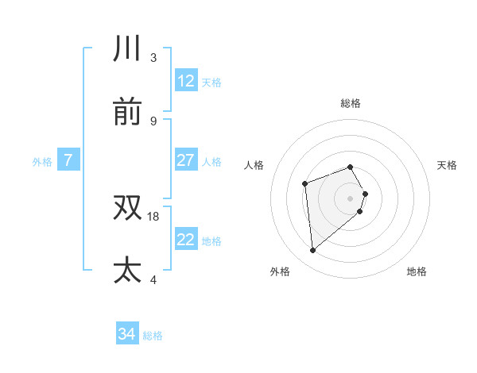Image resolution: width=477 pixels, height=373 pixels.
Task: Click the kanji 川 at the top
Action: pyautogui.click(x=128, y=49)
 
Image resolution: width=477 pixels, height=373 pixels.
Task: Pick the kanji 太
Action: pyautogui.click(x=128, y=270)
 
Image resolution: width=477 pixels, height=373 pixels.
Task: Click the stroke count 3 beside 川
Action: pyautogui.click(x=153, y=58)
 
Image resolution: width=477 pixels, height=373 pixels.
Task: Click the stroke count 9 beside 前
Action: pyautogui.click(x=153, y=121)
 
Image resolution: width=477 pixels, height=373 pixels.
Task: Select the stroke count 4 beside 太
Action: pyautogui.click(x=153, y=279)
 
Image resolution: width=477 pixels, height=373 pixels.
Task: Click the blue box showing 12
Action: pyautogui.click(x=186, y=81)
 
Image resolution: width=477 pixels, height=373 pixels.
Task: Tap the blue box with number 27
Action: pyautogui.click(x=186, y=160)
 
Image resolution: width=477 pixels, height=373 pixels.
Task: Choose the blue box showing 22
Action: pyautogui.click(x=186, y=240)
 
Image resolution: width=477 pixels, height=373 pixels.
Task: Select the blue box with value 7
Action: pyautogui.click(x=68, y=160)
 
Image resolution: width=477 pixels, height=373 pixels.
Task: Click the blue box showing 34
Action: pyautogui.click(x=126, y=334)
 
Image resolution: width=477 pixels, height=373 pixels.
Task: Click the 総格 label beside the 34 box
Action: pyautogui.click(x=153, y=336)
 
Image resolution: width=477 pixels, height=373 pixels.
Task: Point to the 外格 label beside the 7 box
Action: pyautogui.click(x=42, y=162)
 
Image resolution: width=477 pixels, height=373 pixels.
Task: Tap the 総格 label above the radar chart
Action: pyautogui.click(x=351, y=103)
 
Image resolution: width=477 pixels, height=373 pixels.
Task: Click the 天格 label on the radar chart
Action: pyautogui.click(x=448, y=165)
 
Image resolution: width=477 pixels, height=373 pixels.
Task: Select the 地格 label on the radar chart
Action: pyautogui.click(x=417, y=271)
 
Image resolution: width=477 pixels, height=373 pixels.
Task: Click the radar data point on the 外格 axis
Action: pyautogui.click(x=313, y=251)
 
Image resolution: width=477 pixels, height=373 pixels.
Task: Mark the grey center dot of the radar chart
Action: pyautogui.click(x=351, y=198)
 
